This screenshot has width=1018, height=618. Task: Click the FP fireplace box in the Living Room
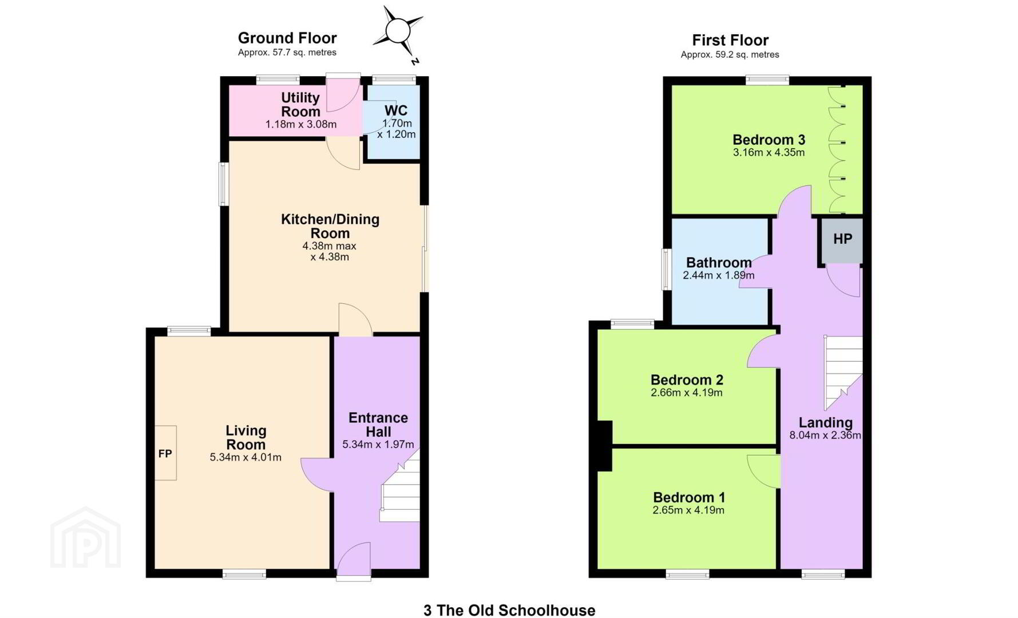click(165, 453)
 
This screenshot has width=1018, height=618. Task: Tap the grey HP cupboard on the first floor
click(842, 240)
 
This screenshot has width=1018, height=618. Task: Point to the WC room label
click(396, 110)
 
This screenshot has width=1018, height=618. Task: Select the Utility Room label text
click(300, 104)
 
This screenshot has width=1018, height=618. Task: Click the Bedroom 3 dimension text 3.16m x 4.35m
click(769, 153)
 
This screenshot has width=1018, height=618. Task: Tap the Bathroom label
click(719, 263)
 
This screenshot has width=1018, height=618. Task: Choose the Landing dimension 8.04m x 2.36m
click(825, 435)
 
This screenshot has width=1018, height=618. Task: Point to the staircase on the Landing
click(843, 373)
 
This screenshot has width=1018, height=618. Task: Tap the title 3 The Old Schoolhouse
click(509, 610)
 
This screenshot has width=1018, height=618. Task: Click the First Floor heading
click(730, 40)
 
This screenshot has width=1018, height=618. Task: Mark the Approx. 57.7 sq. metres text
click(287, 53)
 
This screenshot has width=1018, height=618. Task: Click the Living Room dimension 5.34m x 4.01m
click(245, 457)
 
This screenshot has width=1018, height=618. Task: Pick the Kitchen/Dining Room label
click(330, 226)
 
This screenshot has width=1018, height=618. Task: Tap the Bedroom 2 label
click(687, 380)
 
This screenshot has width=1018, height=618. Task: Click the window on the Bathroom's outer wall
click(667, 269)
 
